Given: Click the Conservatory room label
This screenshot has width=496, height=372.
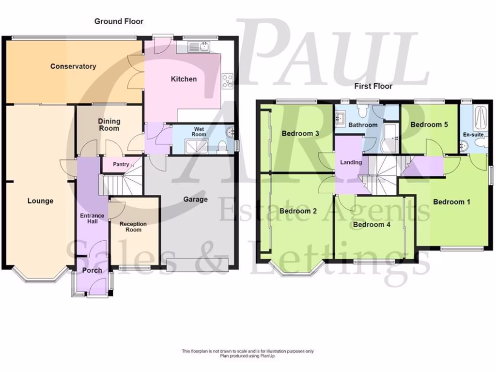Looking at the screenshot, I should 73,66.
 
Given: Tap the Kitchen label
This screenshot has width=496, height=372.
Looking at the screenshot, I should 184,78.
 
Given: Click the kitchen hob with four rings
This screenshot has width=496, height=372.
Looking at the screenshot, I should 228,81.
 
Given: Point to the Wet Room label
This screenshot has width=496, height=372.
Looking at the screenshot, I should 199,131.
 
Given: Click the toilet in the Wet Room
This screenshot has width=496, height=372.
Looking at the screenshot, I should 221,146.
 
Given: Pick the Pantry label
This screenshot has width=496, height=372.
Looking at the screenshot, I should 121,164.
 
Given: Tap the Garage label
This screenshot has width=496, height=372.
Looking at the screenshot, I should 195,199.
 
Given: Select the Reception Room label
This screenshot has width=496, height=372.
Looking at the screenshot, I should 133,227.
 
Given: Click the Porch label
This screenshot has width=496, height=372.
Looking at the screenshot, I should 92,270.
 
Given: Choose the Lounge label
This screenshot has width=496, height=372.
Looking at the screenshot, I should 40,201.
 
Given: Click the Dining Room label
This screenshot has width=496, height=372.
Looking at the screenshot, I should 109,124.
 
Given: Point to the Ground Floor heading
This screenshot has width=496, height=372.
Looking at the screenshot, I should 119,21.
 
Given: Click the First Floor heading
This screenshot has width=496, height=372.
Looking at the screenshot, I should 372,86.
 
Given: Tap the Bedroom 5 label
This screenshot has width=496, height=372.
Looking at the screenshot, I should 429,124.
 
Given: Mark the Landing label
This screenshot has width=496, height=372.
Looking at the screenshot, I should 351,162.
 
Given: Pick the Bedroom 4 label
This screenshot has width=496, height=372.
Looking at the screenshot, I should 372,225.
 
